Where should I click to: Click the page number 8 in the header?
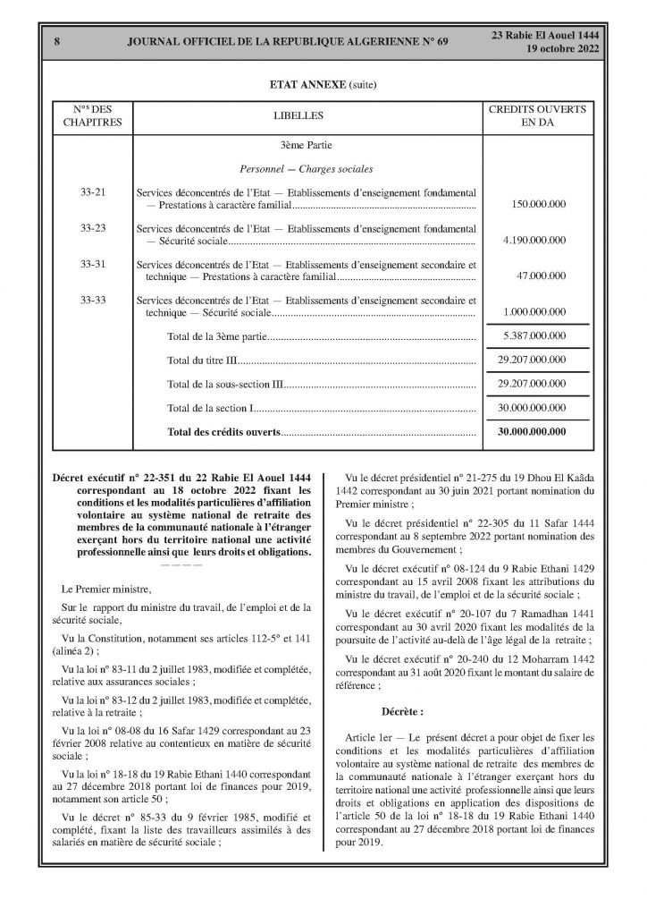(x=56, y=41)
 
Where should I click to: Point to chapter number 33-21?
(x=93, y=192)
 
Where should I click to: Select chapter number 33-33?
(x=93, y=299)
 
